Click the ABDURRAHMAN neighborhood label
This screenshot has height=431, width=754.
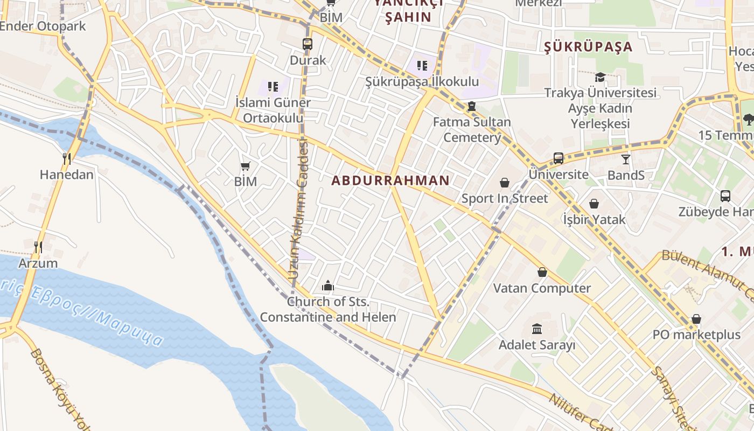click(x=390, y=180)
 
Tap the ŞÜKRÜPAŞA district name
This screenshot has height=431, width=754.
click(x=588, y=47)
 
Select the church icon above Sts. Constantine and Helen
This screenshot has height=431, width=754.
click(x=327, y=286)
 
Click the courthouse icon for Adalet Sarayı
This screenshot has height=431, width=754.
click(x=537, y=329)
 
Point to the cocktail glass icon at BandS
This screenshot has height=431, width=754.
click(x=625, y=159)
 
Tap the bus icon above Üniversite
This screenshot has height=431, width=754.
click(x=558, y=158)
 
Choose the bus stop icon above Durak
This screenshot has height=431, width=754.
click(x=308, y=44)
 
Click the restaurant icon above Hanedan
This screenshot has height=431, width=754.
click(x=67, y=158)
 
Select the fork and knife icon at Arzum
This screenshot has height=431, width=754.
click(x=38, y=247)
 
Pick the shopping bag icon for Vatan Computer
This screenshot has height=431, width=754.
click(x=542, y=273)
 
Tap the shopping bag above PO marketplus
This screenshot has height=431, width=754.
click(x=696, y=319)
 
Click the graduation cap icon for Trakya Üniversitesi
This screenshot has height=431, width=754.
click(x=600, y=77)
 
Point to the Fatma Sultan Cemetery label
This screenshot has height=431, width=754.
click(x=472, y=129)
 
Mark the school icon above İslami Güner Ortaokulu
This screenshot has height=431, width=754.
click(x=273, y=86)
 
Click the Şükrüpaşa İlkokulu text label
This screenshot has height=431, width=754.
click(x=422, y=82)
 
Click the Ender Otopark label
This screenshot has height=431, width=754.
click(x=43, y=26)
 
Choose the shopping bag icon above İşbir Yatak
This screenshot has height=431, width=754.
click(x=594, y=204)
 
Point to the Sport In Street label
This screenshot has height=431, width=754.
click(x=504, y=198)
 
